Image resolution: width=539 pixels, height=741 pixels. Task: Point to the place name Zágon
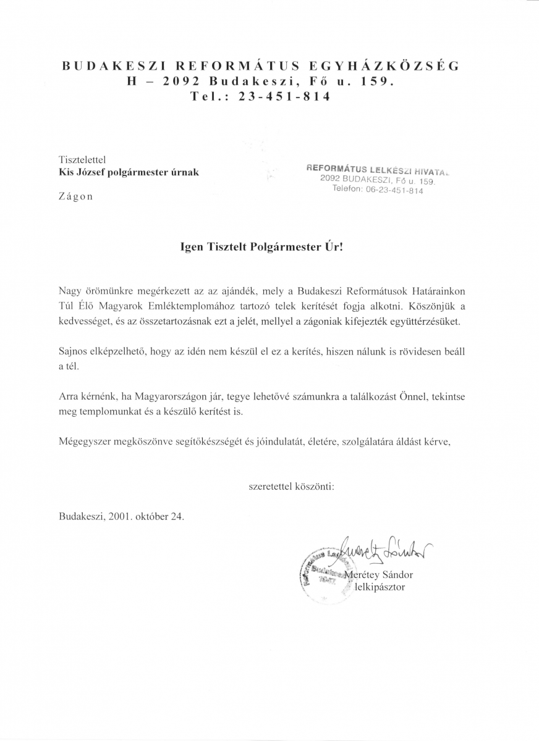[x=75, y=196]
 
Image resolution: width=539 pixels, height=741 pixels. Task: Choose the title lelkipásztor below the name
[x=380, y=587]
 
